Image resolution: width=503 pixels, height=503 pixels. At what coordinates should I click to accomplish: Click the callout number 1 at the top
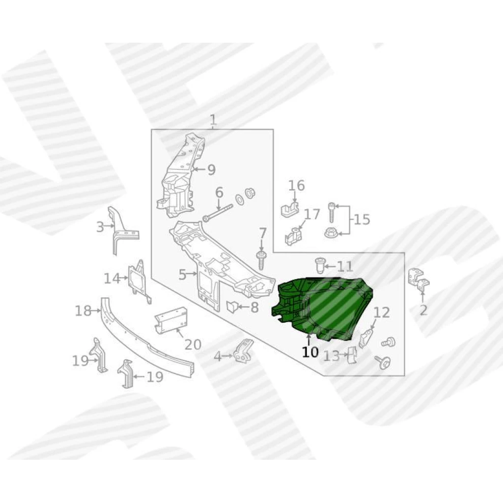pos(213,120)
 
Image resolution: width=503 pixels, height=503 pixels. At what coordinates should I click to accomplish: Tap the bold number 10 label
pos(310,352)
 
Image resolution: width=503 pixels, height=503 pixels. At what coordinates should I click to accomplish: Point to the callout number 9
pos(211,169)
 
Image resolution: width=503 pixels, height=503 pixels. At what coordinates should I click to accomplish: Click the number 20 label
pos(193,344)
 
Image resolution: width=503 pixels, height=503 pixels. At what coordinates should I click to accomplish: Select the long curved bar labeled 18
pos(147,337)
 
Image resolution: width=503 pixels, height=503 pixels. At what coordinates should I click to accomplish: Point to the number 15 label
pos(362,220)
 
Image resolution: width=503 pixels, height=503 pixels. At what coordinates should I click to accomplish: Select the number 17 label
pos(312,214)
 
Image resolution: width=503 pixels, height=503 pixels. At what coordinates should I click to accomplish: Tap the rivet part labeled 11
pos(319,266)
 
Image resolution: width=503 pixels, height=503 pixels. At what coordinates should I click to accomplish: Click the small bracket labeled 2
pos(419,280)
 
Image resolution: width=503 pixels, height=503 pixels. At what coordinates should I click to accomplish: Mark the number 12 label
pos(381,312)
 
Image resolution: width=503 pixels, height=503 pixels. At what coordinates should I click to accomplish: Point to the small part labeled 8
pos(232,307)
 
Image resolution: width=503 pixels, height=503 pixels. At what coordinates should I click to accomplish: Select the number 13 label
pos(331,356)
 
